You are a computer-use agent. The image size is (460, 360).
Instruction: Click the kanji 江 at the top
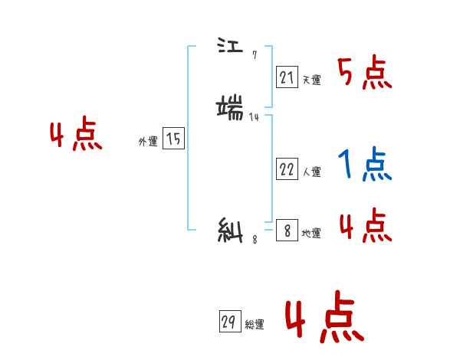(x=230, y=48)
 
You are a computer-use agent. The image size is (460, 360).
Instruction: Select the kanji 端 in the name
(x=231, y=106)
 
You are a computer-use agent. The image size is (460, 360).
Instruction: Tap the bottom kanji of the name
(x=231, y=231)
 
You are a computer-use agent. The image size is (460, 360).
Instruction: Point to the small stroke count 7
(x=255, y=55)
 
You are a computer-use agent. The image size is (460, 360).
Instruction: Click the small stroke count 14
(x=255, y=116)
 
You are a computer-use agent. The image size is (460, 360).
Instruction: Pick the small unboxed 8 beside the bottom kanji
(x=255, y=240)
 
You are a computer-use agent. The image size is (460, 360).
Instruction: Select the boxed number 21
(x=287, y=77)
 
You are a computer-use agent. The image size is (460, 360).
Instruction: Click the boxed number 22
(x=287, y=169)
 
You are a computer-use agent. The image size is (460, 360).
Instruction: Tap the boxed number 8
(x=287, y=231)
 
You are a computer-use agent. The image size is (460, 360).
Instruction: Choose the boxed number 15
(x=173, y=139)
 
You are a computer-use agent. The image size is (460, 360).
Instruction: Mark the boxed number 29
(x=228, y=322)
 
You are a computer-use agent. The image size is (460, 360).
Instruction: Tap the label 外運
(x=148, y=142)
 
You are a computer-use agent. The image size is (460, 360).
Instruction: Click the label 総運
(x=254, y=325)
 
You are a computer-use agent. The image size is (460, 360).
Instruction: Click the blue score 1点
(x=364, y=164)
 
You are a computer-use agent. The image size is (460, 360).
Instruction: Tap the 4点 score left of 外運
(x=76, y=137)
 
